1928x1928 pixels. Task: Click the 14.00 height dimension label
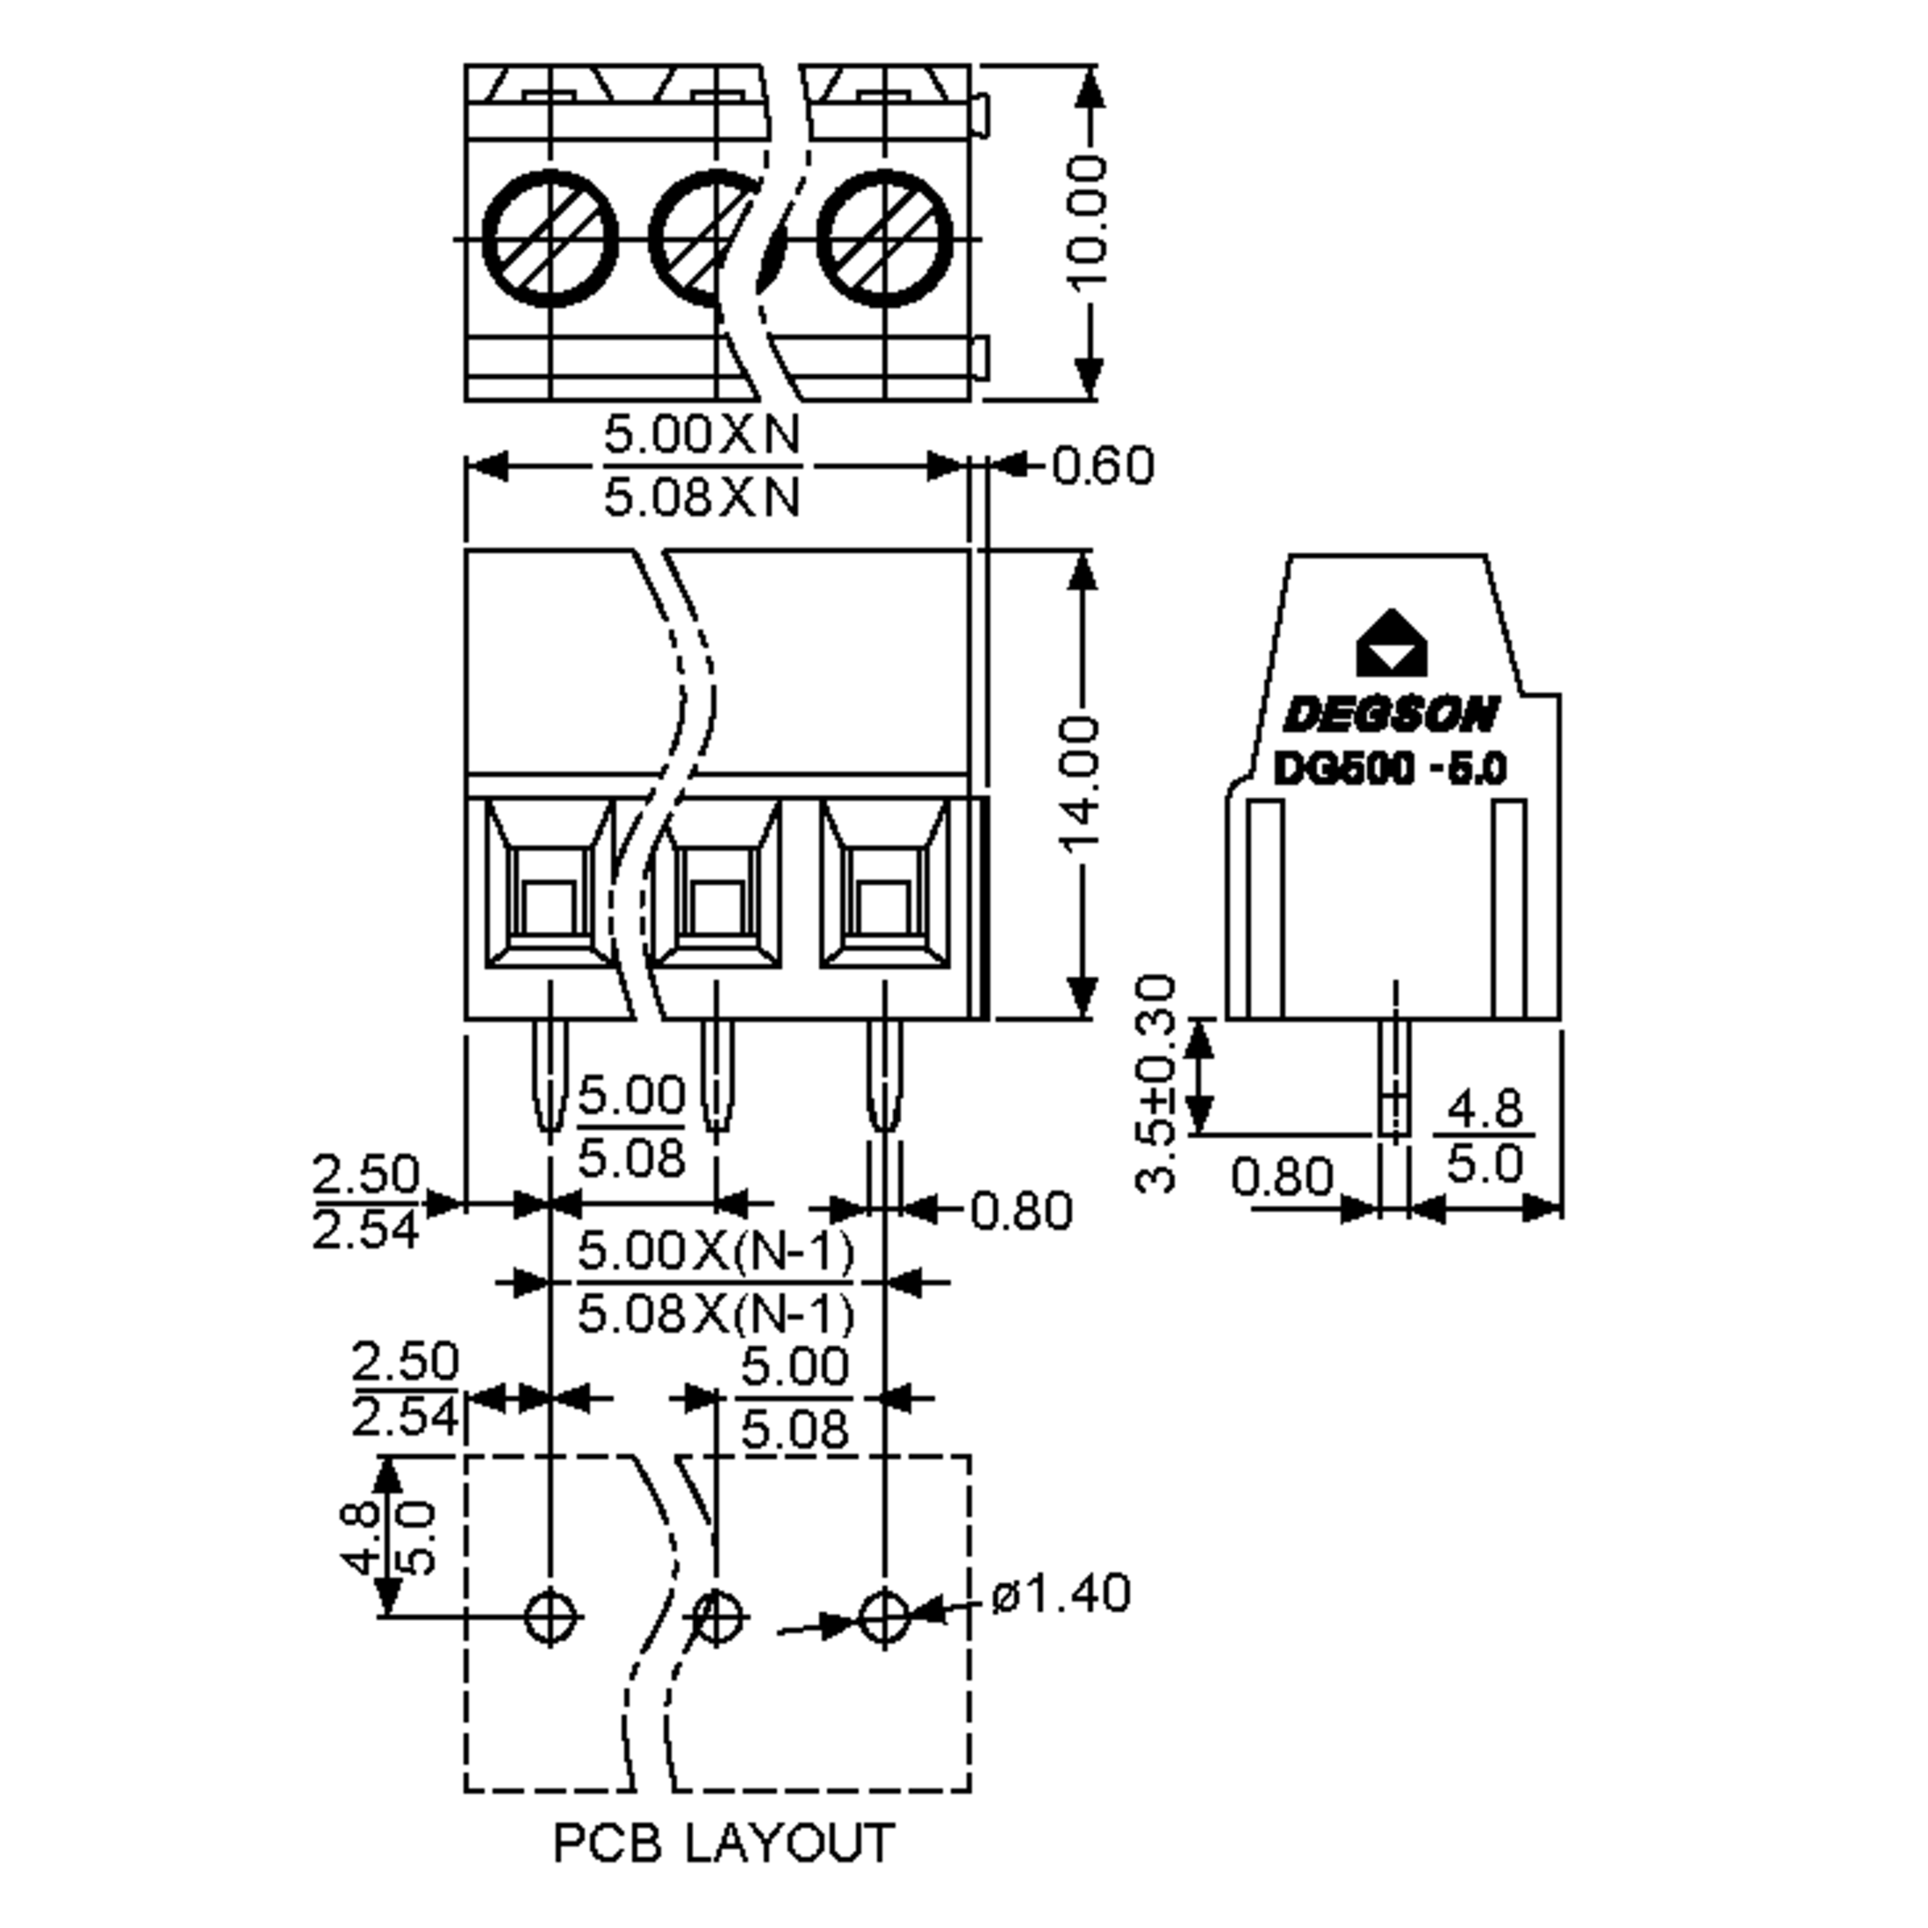pyautogui.click(x=1080, y=783)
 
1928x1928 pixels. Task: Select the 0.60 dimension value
pyautogui.click(x=1103, y=466)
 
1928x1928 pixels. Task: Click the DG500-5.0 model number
pyautogui.click(x=1389, y=770)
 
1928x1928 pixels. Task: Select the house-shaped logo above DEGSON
pyautogui.click(x=1391, y=643)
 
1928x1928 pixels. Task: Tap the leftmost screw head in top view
pyautogui.click(x=549, y=239)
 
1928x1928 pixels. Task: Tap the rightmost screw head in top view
pyautogui.click(x=884, y=239)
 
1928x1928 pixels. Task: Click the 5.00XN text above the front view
pyautogui.click(x=701, y=434)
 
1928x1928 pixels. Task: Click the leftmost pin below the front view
pyautogui.click(x=549, y=1078)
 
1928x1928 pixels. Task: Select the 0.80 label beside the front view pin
pyautogui.click(x=1020, y=1211)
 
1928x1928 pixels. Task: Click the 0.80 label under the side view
pyautogui.click(x=1281, y=1177)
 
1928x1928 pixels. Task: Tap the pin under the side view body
pyautogui.click(x=1394, y=1078)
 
